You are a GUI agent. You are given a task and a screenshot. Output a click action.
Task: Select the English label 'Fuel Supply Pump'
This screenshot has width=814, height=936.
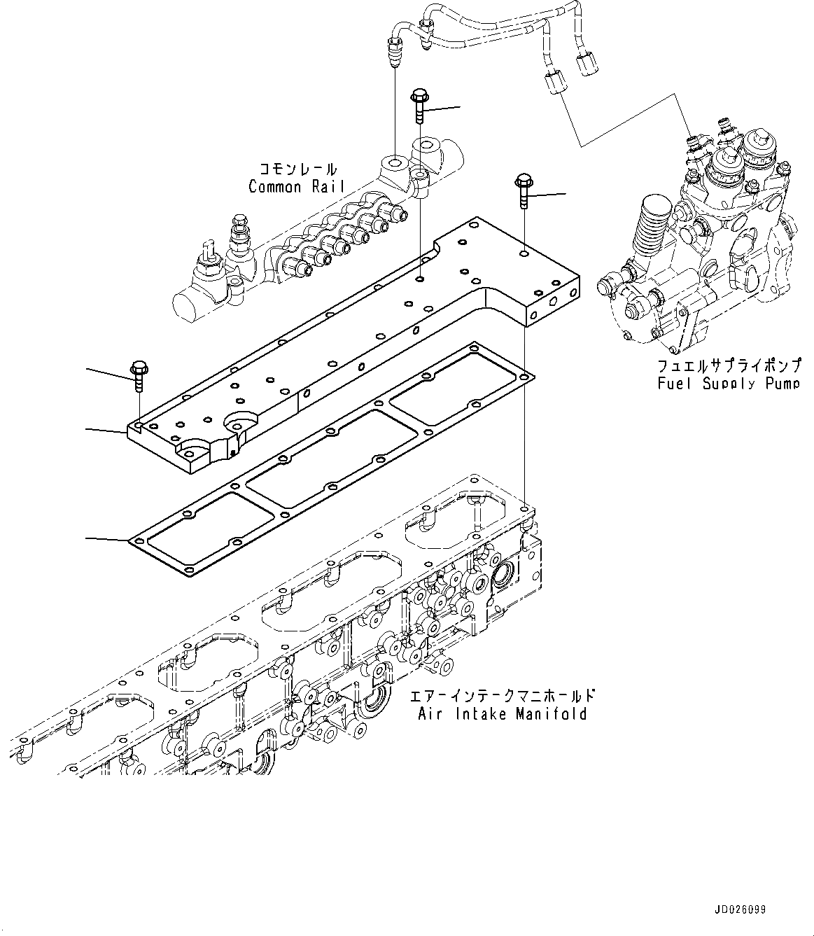point(728,383)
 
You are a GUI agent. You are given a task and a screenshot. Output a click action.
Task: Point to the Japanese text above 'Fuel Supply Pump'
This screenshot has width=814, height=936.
point(728,365)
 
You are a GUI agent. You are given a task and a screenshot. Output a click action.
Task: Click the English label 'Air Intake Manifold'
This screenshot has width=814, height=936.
point(502,713)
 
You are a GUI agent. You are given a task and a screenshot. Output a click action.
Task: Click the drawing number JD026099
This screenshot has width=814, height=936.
point(741,910)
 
